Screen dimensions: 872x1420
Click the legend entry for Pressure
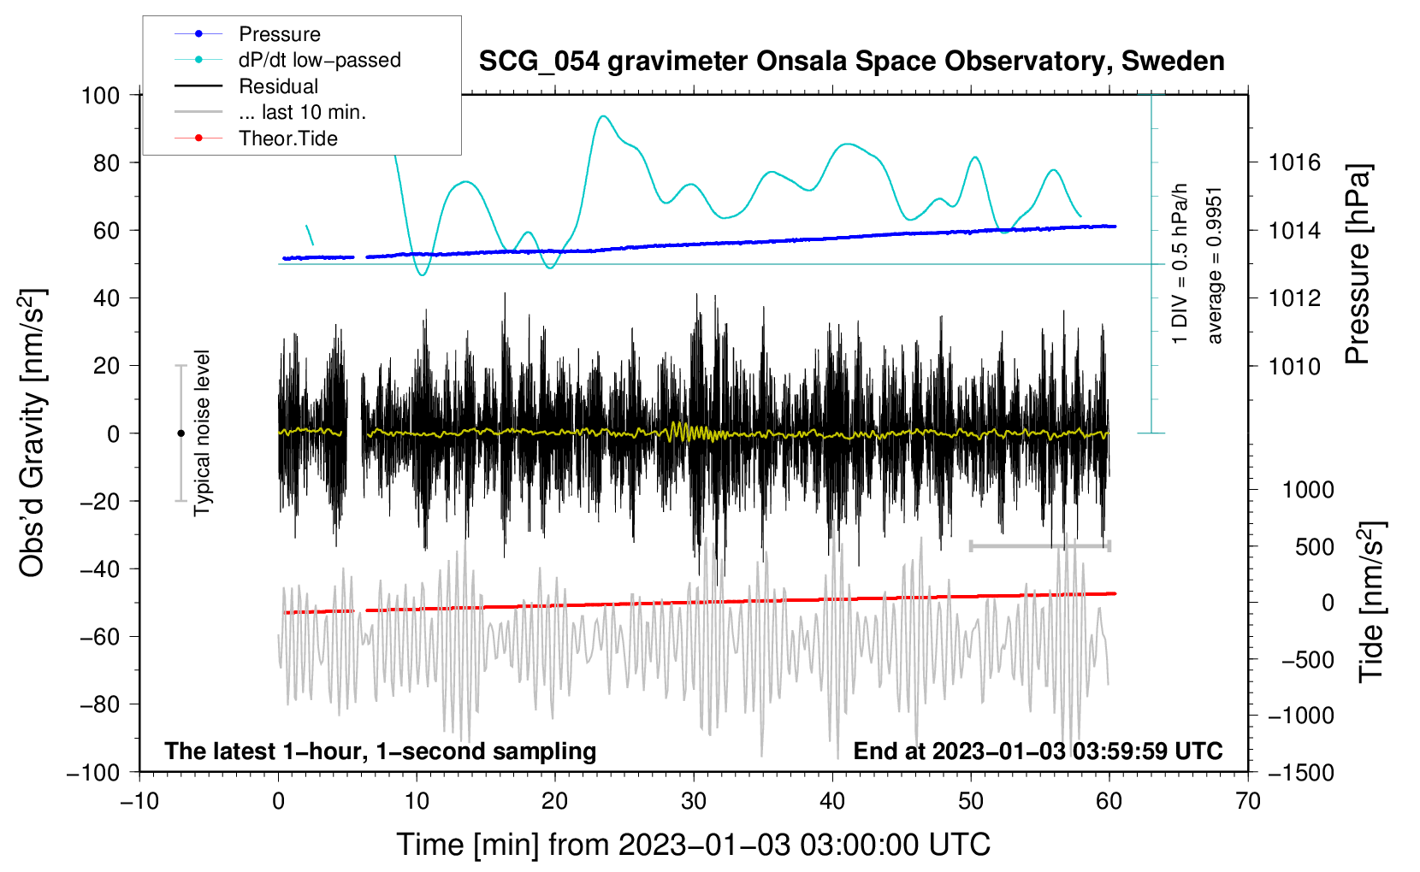(x=279, y=34)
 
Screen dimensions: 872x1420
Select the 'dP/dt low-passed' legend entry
(x=319, y=60)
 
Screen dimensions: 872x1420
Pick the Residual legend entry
(x=278, y=86)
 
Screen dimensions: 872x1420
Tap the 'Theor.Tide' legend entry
(x=287, y=138)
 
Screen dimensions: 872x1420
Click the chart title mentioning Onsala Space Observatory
(x=851, y=62)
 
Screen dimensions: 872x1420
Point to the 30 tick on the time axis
(x=694, y=801)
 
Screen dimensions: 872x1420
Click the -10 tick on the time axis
(x=139, y=801)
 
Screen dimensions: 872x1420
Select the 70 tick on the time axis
(x=1248, y=801)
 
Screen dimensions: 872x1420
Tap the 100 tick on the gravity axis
(x=100, y=95)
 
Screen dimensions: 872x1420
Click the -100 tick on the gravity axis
(x=93, y=772)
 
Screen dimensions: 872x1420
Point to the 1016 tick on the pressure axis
(x=1295, y=162)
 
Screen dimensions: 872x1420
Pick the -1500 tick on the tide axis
(x=1300, y=772)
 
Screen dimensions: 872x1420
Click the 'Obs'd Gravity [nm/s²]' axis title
(x=33, y=433)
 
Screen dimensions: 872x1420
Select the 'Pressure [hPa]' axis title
(x=1358, y=265)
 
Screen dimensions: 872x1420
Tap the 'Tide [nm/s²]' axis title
(x=1371, y=601)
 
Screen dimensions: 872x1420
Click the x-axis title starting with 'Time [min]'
(x=694, y=845)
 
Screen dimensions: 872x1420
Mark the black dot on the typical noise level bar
(x=180, y=433)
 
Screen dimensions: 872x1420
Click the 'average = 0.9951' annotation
(x=1215, y=265)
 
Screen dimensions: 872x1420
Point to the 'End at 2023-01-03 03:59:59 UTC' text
(x=1038, y=751)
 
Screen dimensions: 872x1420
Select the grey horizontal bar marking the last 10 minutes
(x=1039, y=545)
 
